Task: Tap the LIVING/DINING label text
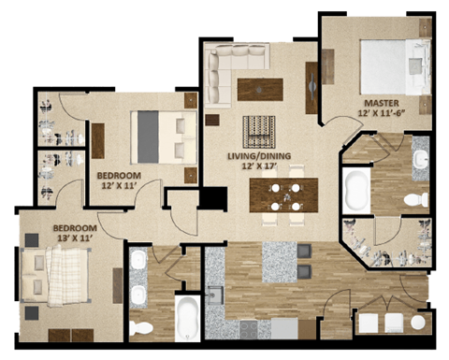coord(259,156)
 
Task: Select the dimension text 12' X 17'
coord(259,168)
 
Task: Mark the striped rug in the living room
coord(259,128)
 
